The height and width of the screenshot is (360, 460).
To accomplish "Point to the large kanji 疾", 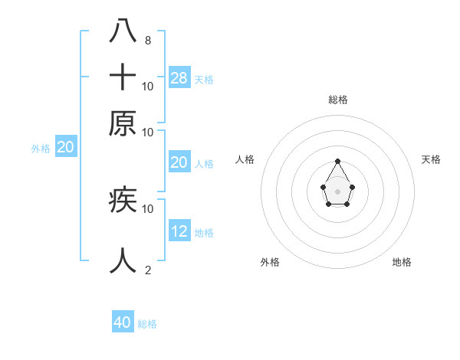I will pos(123,201).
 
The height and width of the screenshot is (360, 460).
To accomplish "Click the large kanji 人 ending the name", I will pos(123,260).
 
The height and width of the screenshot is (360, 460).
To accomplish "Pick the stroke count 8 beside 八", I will pos(147,41).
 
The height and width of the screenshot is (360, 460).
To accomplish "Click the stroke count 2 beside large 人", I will pos(147,270).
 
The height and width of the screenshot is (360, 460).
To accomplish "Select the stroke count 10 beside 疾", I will pos(147,208).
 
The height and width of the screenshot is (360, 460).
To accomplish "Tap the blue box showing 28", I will pos(179,77).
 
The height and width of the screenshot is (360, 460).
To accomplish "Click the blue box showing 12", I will pos(179,231).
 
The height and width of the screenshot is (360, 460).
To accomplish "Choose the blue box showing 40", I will pos(123,322).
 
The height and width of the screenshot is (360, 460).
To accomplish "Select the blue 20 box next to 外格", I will pos(66,148).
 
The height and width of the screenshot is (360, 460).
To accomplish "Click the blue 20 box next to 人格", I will pos(179,162).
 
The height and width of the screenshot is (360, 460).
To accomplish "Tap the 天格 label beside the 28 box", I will pos(204,79).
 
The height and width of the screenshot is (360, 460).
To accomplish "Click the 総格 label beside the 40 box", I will pos(147,324).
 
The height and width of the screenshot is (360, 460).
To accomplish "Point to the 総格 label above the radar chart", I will pos(338,100).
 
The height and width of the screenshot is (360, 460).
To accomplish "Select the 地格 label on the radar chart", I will pos(402,262).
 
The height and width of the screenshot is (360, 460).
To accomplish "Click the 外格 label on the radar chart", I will pos(270,262).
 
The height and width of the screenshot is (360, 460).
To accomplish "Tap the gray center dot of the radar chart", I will pos(337,191).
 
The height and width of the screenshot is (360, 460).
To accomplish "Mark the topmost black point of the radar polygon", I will pos(337,162).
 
